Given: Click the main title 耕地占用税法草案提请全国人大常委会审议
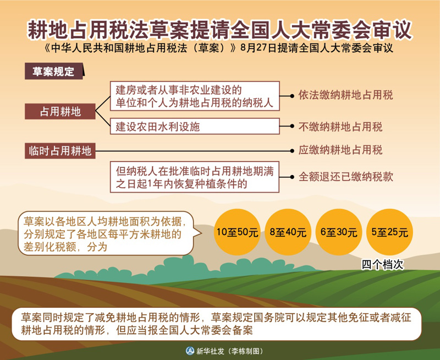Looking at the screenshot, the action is pos(219,29).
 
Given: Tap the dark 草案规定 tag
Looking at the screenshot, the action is pos(54,71).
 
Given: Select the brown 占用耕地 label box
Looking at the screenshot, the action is pos(60,112).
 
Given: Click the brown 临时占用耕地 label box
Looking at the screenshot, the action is pos(60,151).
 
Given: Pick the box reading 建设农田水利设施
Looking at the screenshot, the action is pos(195,127).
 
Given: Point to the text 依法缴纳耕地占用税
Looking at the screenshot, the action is pos(345,95).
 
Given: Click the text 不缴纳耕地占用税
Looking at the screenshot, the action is pos(340,127).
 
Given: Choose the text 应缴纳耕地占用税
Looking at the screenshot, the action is pos(340,150).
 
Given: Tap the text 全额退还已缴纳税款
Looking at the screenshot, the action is pos(345,177).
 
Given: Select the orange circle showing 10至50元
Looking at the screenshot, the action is pos(237,232).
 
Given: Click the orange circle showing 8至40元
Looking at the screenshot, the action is pos(288,232).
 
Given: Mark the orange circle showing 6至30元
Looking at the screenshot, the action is pos(339,232).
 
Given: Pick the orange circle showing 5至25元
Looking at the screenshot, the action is pos(389,232).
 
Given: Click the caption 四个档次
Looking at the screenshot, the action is pos(382,265).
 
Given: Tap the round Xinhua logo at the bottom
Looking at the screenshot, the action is pos(190,351).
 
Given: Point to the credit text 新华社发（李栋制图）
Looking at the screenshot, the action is pos(229,351).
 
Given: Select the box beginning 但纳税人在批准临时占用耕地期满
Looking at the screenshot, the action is pos(195,177).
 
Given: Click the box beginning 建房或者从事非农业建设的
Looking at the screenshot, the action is pos(195,96).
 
